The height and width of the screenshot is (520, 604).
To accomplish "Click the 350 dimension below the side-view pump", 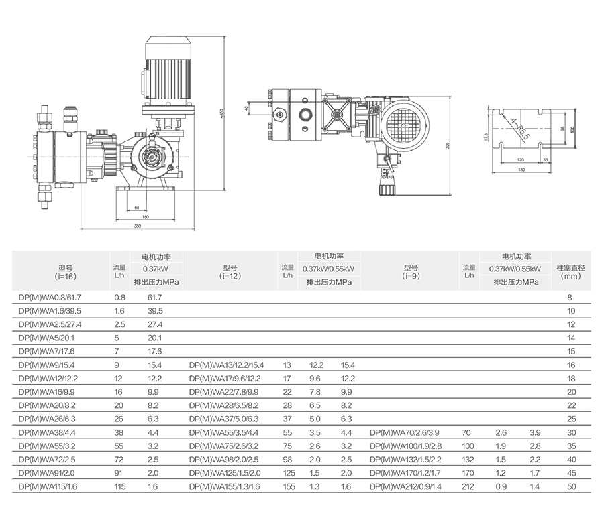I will pyautogui.click(x=137, y=226).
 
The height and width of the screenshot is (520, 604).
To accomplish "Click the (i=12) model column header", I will pyautogui.click(x=230, y=271).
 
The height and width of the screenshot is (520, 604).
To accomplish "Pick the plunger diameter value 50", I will pyautogui.click(x=571, y=486).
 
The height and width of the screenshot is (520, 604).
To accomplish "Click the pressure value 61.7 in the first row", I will pyautogui.click(x=155, y=296).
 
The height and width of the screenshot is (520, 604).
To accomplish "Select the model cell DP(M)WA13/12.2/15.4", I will pyautogui.click(x=227, y=365).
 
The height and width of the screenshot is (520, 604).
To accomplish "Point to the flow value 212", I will pyautogui.click(x=468, y=486).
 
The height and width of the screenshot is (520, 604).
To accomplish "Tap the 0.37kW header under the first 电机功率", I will pyautogui.click(x=155, y=269).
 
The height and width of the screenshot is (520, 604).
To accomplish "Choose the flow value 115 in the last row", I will pyautogui.click(x=120, y=486).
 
